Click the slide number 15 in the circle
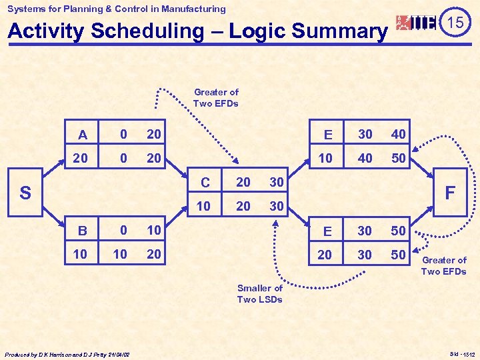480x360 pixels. (456, 23)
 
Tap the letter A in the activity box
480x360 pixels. (83, 135)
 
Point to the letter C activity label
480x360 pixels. (205, 183)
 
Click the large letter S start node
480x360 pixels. (25, 193)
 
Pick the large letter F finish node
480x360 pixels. (451, 193)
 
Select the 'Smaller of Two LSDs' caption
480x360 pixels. (260, 293)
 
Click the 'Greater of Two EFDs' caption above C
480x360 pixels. (216, 97)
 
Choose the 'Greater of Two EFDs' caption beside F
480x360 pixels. (444, 265)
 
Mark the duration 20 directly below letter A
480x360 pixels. (80, 159)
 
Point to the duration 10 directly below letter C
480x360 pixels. (204, 207)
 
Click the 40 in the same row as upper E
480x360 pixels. (399, 135)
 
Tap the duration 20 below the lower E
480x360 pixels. (325, 255)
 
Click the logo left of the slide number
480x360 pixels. (416, 23)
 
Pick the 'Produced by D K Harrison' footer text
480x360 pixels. (67, 353)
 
